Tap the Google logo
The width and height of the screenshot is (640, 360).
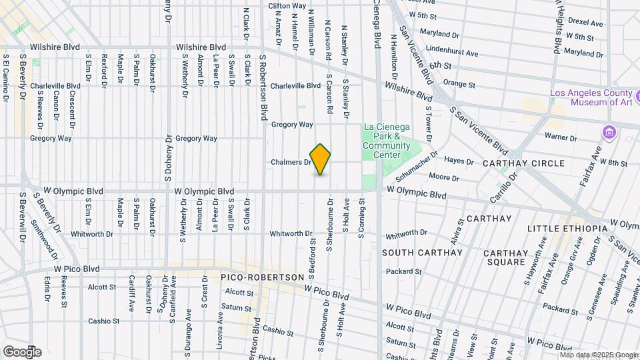click(22, 351)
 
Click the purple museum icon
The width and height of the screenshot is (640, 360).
click(608, 131)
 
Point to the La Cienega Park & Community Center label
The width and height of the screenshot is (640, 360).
click(387, 141)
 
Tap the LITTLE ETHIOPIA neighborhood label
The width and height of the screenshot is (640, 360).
click(567, 229)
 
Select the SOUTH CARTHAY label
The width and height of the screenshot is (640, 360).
click(422, 253)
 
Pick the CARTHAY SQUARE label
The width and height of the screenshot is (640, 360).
click(505, 257)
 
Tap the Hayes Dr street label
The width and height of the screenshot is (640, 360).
click(459, 161)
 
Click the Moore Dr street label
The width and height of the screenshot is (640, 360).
click(443, 177)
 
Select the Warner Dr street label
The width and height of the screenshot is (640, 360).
click(560, 137)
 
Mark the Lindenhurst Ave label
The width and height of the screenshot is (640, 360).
click(453, 53)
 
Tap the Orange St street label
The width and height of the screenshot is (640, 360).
click(459, 85)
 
